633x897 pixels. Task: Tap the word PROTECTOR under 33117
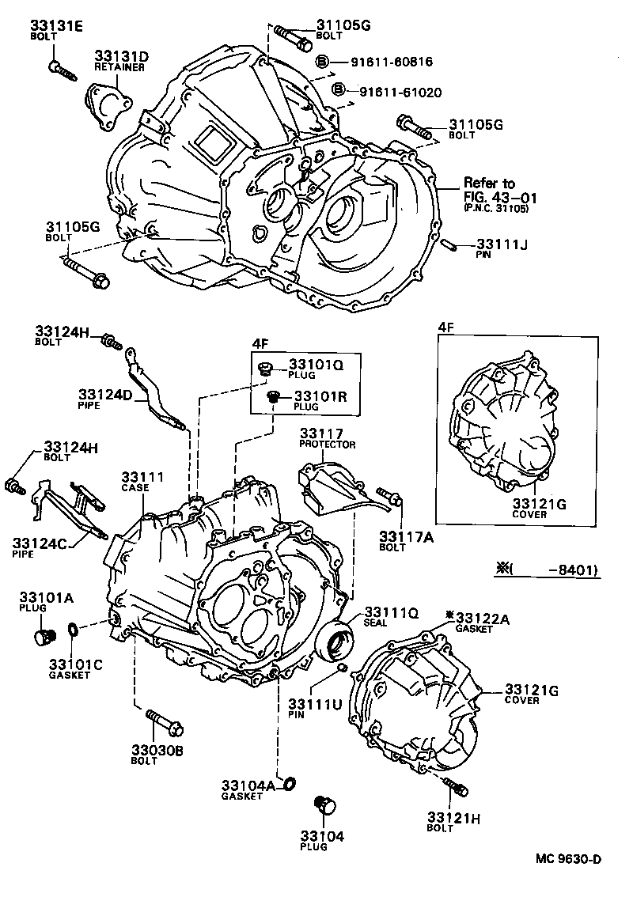pyautogui.click(x=327, y=445)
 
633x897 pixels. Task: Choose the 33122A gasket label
pyautogui.click(x=482, y=618)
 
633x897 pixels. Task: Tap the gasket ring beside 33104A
pyautogui.click(x=289, y=784)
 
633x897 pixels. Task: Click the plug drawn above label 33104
pyautogui.click(x=324, y=805)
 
